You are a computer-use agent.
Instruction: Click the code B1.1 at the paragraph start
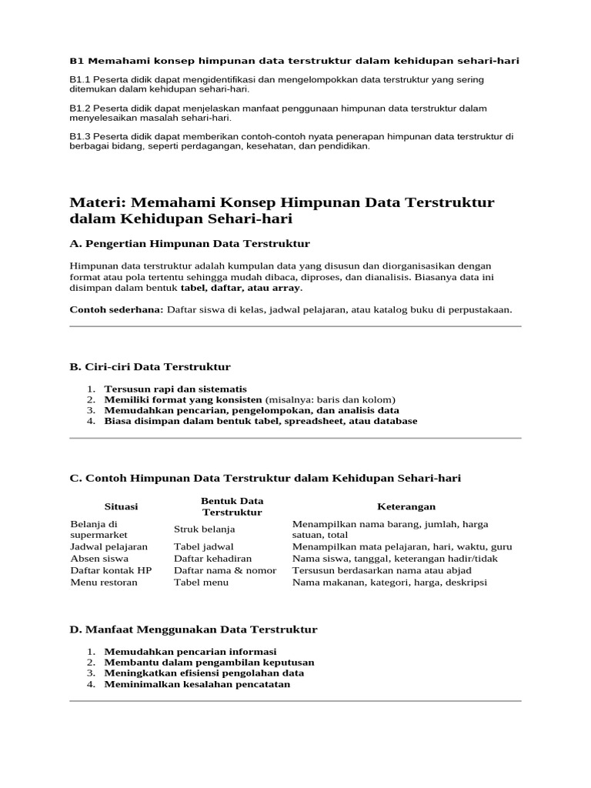click(79, 79)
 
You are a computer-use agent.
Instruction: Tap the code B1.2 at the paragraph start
click(79, 109)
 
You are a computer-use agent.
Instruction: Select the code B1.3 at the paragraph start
click(79, 136)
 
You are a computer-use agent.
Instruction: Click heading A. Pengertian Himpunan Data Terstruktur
click(189, 244)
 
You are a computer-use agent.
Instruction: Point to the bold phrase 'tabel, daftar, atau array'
click(241, 288)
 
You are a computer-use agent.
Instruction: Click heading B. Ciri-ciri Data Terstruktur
click(150, 366)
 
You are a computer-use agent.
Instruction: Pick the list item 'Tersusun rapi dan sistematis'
click(175, 389)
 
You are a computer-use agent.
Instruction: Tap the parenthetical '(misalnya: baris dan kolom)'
click(330, 400)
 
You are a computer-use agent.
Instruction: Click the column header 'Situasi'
click(121, 506)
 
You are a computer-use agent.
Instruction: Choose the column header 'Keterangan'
click(406, 506)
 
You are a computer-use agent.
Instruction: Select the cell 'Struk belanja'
click(205, 529)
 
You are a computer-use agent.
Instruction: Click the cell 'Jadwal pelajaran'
click(109, 547)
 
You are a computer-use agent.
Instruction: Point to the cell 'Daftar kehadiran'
click(212, 559)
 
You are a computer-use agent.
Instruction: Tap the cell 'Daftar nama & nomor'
click(225, 570)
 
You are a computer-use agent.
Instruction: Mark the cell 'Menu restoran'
click(104, 583)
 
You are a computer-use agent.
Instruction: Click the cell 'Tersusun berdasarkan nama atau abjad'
click(382, 570)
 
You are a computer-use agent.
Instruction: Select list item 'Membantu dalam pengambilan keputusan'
click(209, 663)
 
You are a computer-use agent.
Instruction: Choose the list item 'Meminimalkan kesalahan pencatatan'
click(197, 684)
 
